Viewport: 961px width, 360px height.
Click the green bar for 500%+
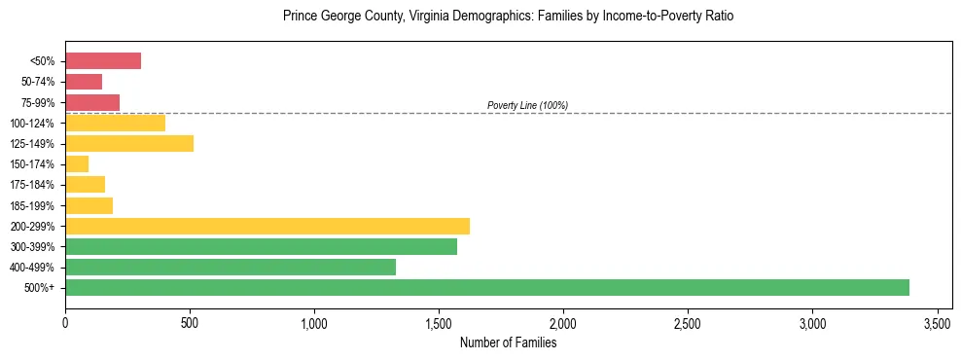coord(486,287)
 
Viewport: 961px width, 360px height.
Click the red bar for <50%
coord(103,61)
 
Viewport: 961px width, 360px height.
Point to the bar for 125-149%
coord(129,143)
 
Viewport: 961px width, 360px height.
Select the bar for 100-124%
coord(115,123)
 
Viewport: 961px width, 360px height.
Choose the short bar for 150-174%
coord(77,163)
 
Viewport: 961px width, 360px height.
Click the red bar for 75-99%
coord(92,102)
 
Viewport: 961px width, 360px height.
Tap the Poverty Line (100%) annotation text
coord(527,105)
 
